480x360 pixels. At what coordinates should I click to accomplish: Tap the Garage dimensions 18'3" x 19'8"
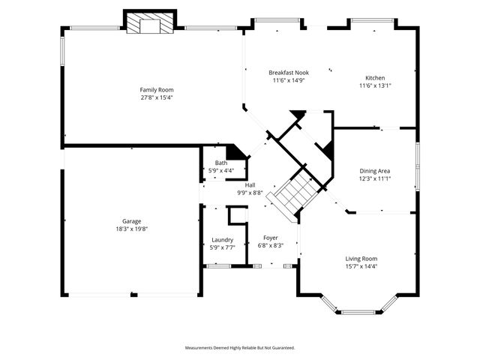(x=131, y=229)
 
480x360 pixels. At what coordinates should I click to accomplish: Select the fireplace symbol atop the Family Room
(x=150, y=24)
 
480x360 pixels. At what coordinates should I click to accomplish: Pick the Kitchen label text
(x=375, y=78)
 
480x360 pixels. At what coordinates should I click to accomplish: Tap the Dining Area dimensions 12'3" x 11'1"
(x=374, y=178)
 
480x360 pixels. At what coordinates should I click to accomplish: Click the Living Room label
(x=361, y=258)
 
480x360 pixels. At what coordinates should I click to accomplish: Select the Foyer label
(x=270, y=237)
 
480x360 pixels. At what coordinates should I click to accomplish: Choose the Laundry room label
(x=222, y=240)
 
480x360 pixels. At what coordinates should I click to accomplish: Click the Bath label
(x=221, y=163)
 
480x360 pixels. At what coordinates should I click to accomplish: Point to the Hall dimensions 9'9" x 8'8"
(x=250, y=193)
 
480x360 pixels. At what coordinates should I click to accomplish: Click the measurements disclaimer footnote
(x=240, y=348)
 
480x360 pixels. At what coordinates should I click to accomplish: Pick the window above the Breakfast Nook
(x=277, y=21)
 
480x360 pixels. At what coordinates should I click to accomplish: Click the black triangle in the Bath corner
(x=236, y=151)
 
